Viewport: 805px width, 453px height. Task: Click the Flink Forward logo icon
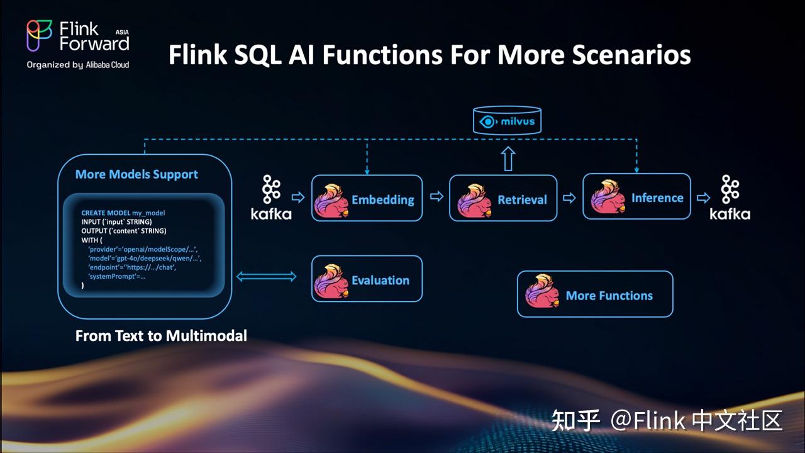pyautogui.click(x=40, y=36)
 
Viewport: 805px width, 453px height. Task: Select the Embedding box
pyautogui.click(x=367, y=198)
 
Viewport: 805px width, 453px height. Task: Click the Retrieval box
pyautogui.click(x=503, y=198)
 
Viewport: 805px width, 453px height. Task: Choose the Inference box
pyautogui.click(x=636, y=197)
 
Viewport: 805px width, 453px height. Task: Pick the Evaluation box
pyautogui.click(x=367, y=279)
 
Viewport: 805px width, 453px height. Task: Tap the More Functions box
pyautogui.click(x=594, y=294)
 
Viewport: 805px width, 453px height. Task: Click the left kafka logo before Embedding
pyautogui.click(x=271, y=198)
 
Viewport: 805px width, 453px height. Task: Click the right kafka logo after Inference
pyautogui.click(x=730, y=198)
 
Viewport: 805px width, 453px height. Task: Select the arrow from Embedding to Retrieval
pyautogui.click(x=436, y=198)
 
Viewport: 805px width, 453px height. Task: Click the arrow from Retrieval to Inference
pyautogui.click(x=569, y=198)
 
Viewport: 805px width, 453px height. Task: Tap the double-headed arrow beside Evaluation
pyautogui.click(x=267, y=276)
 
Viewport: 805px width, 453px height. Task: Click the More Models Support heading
pyautogui.click(x=136, y=174)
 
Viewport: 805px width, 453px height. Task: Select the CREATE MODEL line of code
pyautogui.click(x=123, y=213)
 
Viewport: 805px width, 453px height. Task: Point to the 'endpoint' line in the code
pyautogui.click(x=131, y=267)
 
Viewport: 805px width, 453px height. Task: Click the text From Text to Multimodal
pyautogui.click(x=161, y=336)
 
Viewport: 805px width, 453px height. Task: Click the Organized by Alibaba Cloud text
pyautogui.click(x=78, y=65)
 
